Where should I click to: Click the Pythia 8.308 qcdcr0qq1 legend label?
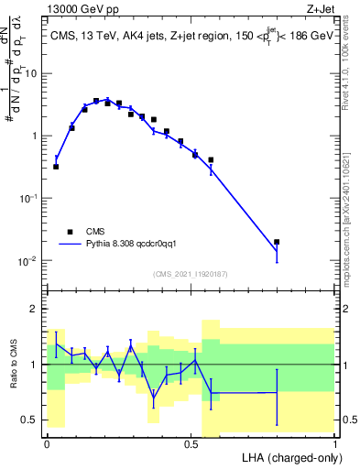coord(138,245)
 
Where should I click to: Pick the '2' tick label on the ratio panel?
coord(36,309)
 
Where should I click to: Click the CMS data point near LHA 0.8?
coord(277,242)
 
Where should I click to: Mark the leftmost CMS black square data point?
coord(56,167)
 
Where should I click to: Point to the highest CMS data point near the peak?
coord(96,101)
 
